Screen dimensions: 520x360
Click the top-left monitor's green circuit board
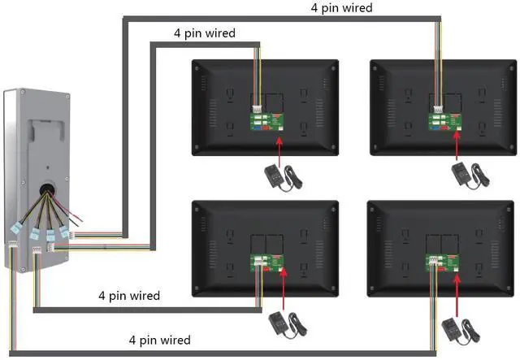click(266, 121)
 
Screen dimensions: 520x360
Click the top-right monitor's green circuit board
click(444, 121)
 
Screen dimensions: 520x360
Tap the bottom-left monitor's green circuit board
click(267, 262)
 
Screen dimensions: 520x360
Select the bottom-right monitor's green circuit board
click(442, 262)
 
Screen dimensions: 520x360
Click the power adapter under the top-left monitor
click(283, 178)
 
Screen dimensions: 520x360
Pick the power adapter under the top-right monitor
click(470, 176)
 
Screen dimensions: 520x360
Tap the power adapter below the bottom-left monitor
click(288, 325)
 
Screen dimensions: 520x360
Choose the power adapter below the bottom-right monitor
click(461, 331)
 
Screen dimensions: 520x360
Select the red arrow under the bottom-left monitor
click(284, 289)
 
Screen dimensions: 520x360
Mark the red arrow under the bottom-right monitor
click(457, 295)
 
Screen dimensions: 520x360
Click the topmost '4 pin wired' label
click(341, 8)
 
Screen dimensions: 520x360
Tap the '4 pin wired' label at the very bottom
click(160, 340)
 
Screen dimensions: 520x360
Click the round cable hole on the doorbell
click(48, 189)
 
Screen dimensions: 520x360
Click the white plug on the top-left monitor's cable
click(258, 109)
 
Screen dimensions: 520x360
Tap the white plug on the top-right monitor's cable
click(439, 109)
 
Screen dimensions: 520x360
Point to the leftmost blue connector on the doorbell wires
click(15, 228)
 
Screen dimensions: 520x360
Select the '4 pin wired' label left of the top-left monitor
click(205, 33)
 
